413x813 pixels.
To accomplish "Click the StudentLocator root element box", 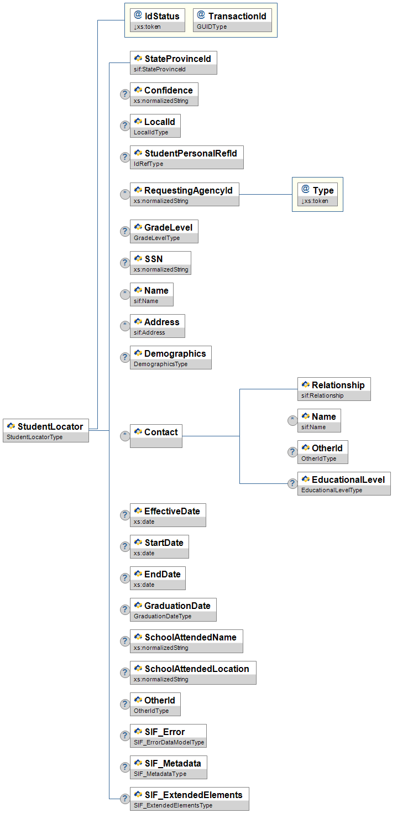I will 46,430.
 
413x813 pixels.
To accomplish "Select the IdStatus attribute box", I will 158,20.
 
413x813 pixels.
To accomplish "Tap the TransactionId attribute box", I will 232,20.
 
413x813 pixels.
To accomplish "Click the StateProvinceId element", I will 173,62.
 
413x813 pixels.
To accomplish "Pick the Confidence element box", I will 164,94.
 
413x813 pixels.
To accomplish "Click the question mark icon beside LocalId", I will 125,126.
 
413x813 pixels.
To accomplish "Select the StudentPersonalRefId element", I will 186,157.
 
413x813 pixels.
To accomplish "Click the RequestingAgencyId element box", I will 184,194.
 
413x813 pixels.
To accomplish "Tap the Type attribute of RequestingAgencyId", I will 317,194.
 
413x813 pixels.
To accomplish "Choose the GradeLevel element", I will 164,231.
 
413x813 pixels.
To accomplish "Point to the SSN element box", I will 160,263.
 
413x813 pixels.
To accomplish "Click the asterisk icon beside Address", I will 125,326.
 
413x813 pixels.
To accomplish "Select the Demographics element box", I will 170,357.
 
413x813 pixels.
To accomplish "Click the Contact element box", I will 156,436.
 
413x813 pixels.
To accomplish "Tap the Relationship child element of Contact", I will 333,389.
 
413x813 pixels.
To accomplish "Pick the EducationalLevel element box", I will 343,483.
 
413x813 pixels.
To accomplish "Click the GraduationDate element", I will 172,609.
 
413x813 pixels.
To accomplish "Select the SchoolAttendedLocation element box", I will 192,673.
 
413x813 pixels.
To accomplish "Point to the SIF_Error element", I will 168,736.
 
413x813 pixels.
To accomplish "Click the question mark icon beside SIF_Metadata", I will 125,767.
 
